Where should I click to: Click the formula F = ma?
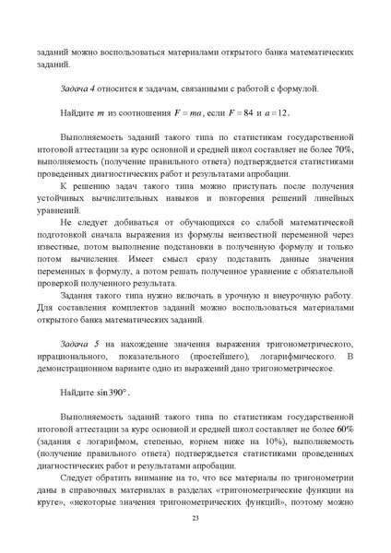pos(188,113)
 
